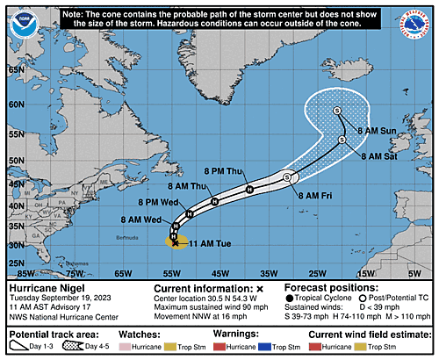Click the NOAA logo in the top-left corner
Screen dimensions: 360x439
click(19, 23)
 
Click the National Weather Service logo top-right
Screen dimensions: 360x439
click(419, 23)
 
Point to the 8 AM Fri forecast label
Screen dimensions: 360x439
click(318, 194)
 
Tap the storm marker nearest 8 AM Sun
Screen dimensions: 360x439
click(337, 111)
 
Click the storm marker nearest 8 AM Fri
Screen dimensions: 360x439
click(287, 177)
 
